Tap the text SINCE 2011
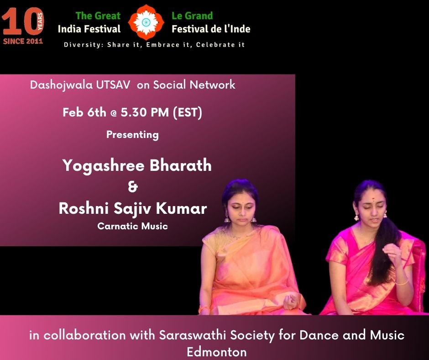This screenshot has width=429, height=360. (x=23, y=41)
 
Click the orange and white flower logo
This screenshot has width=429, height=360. (x=146, y=22)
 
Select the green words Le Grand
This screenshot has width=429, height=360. (x=192, y=16)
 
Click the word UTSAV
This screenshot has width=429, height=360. (x=113, y=85)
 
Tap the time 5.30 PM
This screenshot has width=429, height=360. (x=145, y=112)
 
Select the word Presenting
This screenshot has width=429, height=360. (x=132, y=135)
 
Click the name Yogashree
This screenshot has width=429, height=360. (x=104, y=166)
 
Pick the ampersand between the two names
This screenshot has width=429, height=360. (x=133, y=187)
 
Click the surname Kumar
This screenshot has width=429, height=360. (x=181, y=208)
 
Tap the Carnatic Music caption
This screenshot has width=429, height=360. (x=132, y=226)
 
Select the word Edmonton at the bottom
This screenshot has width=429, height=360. (x=216, y=351)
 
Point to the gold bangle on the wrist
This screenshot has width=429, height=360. (x=402, y=282)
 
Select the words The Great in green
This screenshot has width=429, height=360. (x=98, y=16)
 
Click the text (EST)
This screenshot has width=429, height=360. (x=188, y=112)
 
